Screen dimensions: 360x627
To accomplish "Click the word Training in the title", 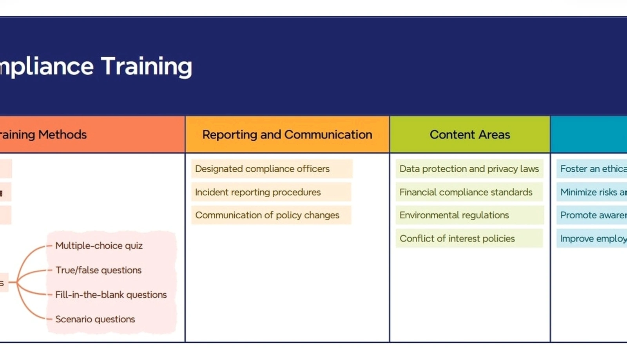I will point(146,66).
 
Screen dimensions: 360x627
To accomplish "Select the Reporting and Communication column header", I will point(287,135).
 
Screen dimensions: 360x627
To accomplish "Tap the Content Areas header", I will point(469,135).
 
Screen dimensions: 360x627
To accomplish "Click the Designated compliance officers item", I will point(262,169).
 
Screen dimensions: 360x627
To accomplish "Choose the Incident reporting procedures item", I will point(258,192).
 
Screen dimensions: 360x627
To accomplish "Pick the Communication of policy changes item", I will point(267,215).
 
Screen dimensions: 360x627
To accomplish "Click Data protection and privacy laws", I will point(469,169).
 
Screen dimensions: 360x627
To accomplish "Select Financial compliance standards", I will point(466,192).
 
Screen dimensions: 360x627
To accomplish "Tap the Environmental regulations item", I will point(454,215).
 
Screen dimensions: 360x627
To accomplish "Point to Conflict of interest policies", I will point(457,238).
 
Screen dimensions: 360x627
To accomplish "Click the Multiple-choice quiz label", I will point(99,245).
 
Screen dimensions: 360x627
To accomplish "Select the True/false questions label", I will point(98,270).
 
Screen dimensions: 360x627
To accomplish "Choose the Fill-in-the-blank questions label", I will point(111,295).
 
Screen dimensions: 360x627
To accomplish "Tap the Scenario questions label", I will point(95,319).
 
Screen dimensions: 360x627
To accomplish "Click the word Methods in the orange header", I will point(62,135).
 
